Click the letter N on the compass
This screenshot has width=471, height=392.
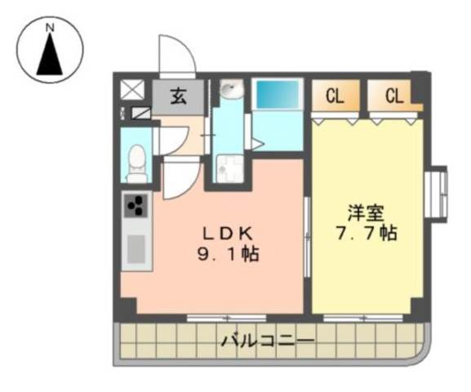tap(50, 28)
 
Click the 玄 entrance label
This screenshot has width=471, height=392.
tap(179, 97)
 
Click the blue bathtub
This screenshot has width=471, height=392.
tap(278, 95)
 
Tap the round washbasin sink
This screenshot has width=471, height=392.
tap(231, 89)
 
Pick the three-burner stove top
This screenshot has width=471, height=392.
tap(136, 205)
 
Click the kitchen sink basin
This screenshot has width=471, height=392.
tap(136, 249)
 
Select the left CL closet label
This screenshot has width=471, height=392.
tap(335, 96)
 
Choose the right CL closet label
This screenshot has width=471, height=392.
tap(394, 96)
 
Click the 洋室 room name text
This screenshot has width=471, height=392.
tap(366, 213)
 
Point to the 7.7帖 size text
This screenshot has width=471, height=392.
tap(367, 233)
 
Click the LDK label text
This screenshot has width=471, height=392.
tap(228, 234)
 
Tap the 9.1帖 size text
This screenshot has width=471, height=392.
tap(229, 255)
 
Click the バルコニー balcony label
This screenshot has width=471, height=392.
tap(268, 341)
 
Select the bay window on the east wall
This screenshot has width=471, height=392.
tap(437, 194)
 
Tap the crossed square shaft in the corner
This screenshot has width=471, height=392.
tap(132, 90)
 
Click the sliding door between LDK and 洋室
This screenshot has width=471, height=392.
tap(307, 237)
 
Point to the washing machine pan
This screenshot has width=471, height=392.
tap(230, 168)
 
